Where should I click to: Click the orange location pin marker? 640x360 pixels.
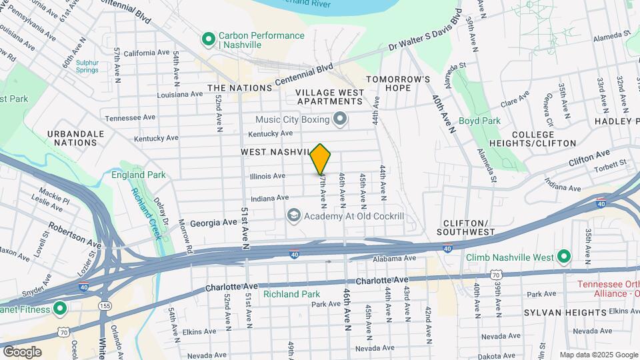[321, 159]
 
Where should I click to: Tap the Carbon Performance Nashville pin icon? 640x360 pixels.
[208, 39]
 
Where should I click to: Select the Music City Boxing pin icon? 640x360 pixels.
[341, 119]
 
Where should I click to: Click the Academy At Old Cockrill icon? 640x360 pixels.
[293, 215]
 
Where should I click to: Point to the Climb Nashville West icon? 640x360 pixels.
[563, 257]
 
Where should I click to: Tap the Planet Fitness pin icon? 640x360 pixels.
[59, 309]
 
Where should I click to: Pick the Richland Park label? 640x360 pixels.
[291, 294]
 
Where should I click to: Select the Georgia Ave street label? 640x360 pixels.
[213, 223]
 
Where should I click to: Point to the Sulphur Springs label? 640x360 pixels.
[87, 67]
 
